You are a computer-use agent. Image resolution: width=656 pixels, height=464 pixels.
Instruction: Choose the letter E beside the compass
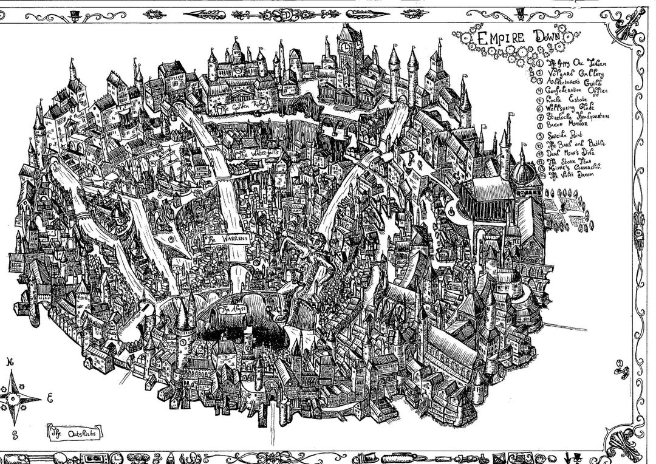[50, 398]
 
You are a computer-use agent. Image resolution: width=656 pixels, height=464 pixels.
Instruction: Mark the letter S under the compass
[7, 435]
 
